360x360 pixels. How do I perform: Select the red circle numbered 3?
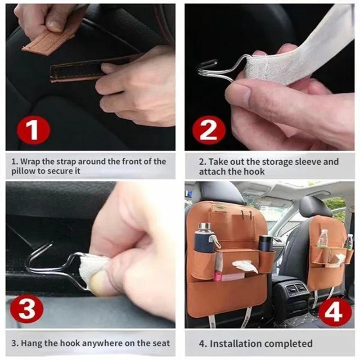click(x=27, y=310)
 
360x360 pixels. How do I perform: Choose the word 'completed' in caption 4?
click(x=288, y=344)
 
